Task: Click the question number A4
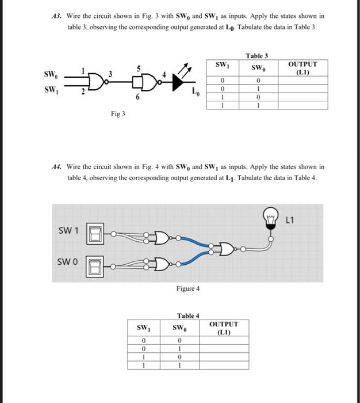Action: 56,167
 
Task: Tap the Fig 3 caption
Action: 117,114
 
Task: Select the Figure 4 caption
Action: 187,288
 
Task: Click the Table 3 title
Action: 256,56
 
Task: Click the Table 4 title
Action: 188,315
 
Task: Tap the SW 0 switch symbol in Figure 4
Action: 95,265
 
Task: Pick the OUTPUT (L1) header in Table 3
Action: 302,69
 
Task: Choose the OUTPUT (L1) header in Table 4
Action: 224,328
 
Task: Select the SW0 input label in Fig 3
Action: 51,74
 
